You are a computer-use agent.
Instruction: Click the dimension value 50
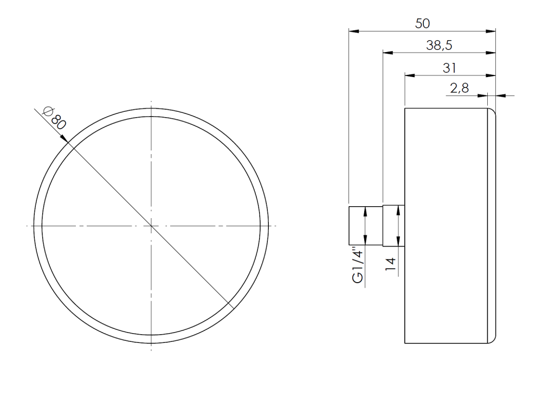point(422,23)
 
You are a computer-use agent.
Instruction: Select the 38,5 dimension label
point(440,46)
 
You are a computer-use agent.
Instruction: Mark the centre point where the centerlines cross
point(151,225)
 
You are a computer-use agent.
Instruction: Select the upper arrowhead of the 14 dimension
point(399,209)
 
